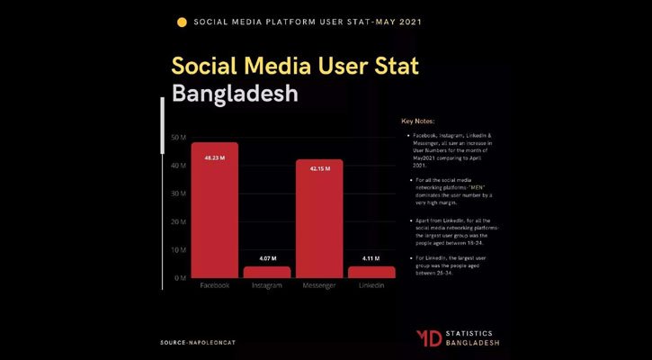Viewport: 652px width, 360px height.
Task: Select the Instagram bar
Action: pyautogui.click(x=267, y=272)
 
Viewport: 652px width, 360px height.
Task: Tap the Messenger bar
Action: pyautogui.click(x=319, y=219)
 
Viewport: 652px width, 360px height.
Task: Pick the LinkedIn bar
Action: pyautogui.click(x=371, y=272)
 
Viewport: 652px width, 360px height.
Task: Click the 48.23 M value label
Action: pyautogui.click(x=214, y=157)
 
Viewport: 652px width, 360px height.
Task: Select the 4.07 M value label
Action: pyautogui.click(x=267, y=259)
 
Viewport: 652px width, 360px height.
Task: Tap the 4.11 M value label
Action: pyautogui.click(x=371, y=259)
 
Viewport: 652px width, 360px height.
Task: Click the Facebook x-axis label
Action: pyautogui.click(x=214, y=286)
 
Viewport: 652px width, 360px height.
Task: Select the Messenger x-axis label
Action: pyautogui.click(x=319, y=286)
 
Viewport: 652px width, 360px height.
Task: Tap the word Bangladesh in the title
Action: pyautogui.click(x=234, y=94)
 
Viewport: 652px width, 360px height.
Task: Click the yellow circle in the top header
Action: pyautogui.click(x=183, y=21)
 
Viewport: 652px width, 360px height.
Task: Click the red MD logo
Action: pyautogui.click(x=429, y=337)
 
